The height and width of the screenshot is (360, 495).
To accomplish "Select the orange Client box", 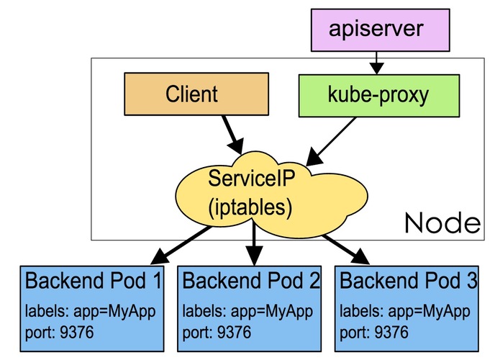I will point(191,94).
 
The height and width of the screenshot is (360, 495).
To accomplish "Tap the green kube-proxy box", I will point(348,94).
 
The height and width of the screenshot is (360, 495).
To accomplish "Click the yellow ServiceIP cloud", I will point(248,192).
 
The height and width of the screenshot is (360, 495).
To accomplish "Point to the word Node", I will point(442,222).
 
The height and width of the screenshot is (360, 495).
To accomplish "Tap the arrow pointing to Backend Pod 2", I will point(253,245).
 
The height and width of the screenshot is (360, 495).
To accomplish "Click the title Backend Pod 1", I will point(94,282).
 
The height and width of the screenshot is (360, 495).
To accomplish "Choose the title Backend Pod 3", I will point(407,282).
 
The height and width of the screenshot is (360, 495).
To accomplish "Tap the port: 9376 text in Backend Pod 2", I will point(217,333).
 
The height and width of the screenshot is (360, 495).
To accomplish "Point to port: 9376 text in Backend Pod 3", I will point(374,333).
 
